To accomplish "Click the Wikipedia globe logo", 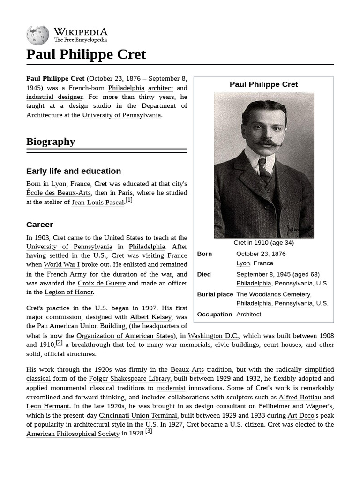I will click(x=37, y=35).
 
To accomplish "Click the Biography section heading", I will click(x=51, y=142).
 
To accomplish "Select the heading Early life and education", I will click(x=74, y=171).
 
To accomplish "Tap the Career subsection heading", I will click(x=40, y=225).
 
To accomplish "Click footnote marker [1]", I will click(x=129, y=200).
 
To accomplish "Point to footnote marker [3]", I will click(x=149, y=431).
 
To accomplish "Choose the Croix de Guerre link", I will click(x=102, y=283).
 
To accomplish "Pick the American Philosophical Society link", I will click(x=73, y=434).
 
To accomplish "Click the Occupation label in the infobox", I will click(x=214, y=315).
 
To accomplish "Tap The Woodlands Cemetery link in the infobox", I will click(x=273, y=294).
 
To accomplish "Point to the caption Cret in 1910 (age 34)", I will click(x=264, y=243).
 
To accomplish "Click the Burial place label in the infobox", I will click(x=215, y=294).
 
